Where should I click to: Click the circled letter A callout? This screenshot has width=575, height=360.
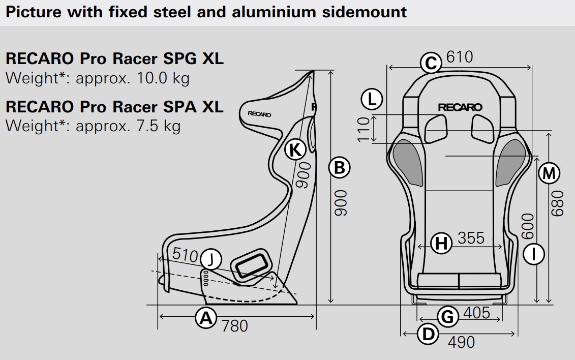coord(206,317)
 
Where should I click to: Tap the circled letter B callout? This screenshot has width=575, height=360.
coord(339,167)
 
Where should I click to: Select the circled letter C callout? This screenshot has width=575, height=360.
coord(431,63)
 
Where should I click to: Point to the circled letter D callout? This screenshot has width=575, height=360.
coord(428,334)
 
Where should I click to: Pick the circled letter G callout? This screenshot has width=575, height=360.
coord(448,316)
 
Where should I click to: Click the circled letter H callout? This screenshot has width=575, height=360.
coord(441,243)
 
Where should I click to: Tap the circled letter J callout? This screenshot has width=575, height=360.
coord(211,259)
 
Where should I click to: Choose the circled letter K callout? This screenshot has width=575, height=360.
coord(295,149)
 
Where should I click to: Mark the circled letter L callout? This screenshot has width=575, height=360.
coord(372,99)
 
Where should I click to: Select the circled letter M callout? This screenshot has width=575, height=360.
coord(549,173)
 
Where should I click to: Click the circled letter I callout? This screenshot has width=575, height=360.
coord(533,254)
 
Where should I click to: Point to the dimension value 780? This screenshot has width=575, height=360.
coord(235,326)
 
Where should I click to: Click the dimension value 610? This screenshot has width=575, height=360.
coord(460,57)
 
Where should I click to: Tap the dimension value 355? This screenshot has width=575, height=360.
coord(471,238)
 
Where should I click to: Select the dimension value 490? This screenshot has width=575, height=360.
coord(461,342)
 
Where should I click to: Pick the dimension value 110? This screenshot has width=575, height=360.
coord(364,129)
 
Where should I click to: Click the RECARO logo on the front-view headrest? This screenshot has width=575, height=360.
coord(460,107)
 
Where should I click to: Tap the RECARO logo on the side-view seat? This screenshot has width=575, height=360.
coord(259,114)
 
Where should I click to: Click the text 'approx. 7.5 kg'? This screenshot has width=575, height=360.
coord(128,126)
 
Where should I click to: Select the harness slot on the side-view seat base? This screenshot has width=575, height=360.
coord(251,264)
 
